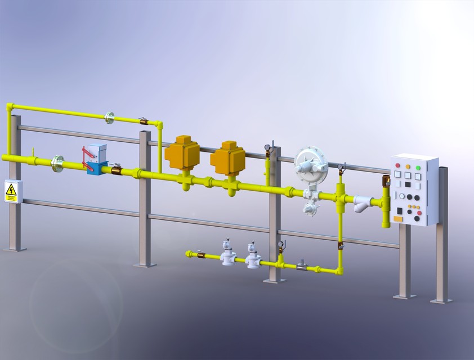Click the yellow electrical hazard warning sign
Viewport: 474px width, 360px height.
[x=11, y=192]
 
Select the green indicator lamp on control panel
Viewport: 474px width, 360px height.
[x=418, y=168]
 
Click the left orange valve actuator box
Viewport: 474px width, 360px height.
[x=182, y=154]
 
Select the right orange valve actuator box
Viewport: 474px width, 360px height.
[x=227, y=157]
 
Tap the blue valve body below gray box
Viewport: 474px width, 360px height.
[x=97, y=167]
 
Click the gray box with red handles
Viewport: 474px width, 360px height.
[x=99, y=152]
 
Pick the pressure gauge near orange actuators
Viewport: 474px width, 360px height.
[x=267, y=149]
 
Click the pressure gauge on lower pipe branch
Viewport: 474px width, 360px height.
[x=280, y=245]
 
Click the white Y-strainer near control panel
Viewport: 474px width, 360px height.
[x=362, y=202]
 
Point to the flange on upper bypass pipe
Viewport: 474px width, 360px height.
[x=110, y=117]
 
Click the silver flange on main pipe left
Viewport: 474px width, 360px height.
[x=57, y=164]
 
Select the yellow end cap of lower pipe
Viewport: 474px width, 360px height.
[x=187, y=254]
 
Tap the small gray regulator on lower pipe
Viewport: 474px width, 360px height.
[x=302, y=263]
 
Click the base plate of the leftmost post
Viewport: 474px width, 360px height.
[x=15, y=248]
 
